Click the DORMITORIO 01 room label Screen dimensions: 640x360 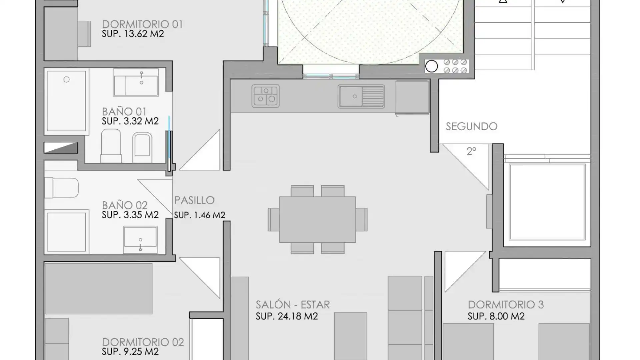(142, 24)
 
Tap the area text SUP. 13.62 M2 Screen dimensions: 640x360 (133, 34)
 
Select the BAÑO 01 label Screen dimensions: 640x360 (124, 112)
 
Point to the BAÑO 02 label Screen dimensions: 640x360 (125, 205)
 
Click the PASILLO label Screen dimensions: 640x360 (194, 200)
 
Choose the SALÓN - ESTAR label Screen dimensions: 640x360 (293, 305)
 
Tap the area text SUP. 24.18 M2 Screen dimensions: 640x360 (287, 316)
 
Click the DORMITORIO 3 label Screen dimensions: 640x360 (506, 305)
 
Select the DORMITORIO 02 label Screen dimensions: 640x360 (143, 342)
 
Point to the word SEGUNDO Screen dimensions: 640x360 (471, 126)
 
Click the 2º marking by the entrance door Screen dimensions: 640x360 (471, 151)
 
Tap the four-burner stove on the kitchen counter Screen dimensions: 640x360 (266, 96)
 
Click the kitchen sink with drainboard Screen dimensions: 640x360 (361, 96)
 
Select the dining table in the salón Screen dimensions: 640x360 (318, 220)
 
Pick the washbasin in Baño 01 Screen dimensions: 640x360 (136, 83)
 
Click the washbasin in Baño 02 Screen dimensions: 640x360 (140, 240)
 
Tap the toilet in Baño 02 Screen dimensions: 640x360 (62, 188)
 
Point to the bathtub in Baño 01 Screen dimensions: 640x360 (67, 101)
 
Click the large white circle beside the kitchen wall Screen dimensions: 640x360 (431, 66)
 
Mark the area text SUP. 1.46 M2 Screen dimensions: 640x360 (200, 215)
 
